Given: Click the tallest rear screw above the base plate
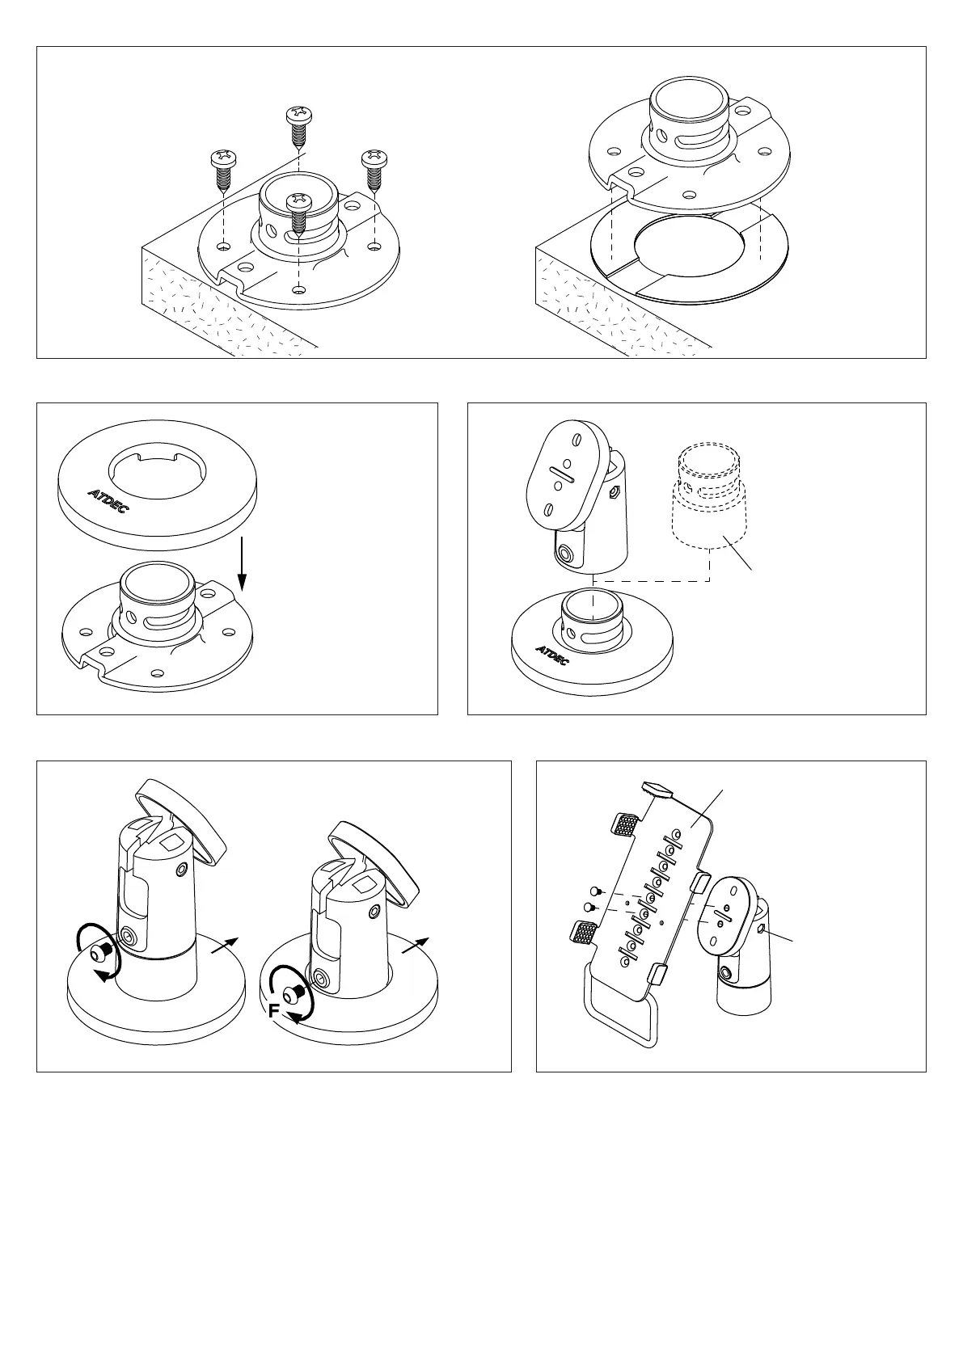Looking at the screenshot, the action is tap(299, 129).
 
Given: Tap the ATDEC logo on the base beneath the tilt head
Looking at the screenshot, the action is tap(552, 655).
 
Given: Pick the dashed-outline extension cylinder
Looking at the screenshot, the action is tap(709, 495).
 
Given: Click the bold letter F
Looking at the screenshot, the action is tap(274, 1010).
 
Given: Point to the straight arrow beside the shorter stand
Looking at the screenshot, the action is tap(416, 946).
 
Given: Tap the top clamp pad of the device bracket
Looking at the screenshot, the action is tap(657, 790).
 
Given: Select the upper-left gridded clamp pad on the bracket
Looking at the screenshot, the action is tap(624, 824).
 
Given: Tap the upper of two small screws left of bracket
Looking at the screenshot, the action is tap(596, 891).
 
